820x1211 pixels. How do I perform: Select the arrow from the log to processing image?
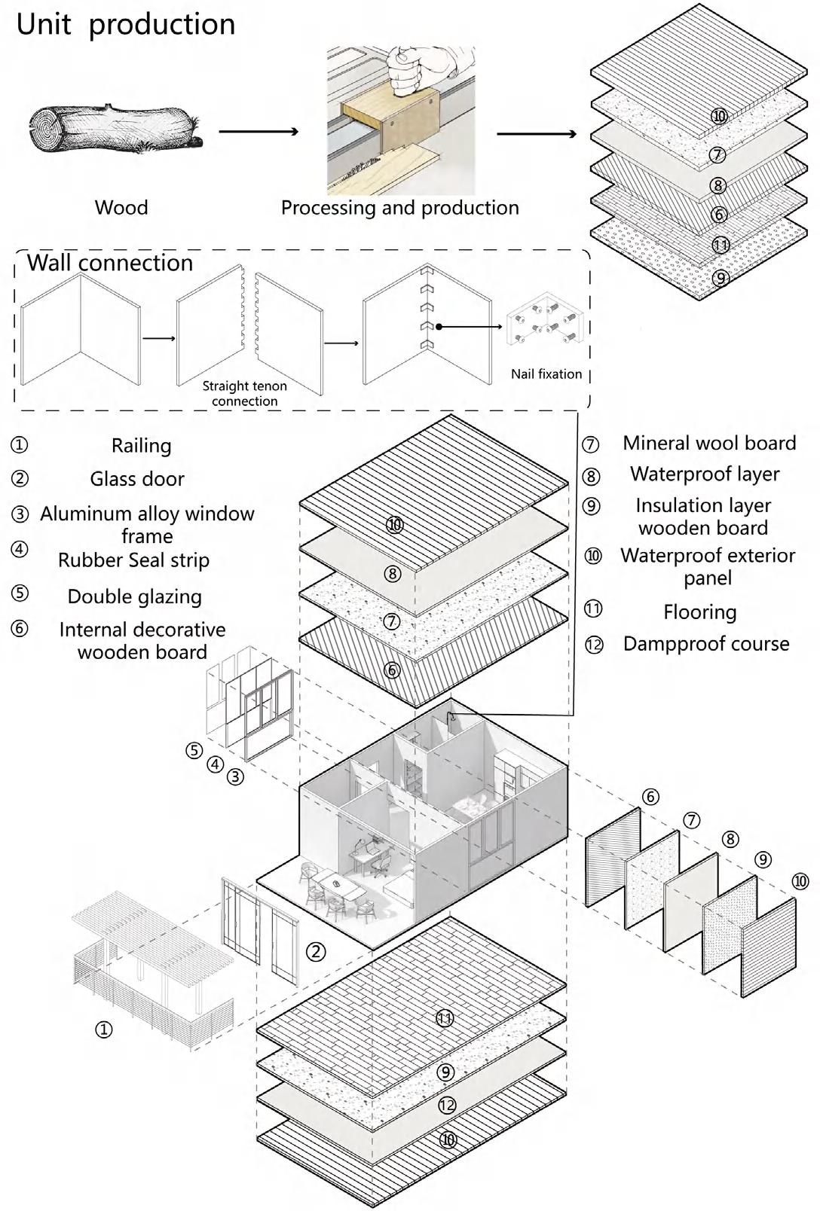pyautogui.click(x=259, y=131)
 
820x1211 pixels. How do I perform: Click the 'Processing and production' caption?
pyautogui.click(x=399, y=208)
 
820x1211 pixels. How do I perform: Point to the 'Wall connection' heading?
pyautogui.click(x=110, y=263)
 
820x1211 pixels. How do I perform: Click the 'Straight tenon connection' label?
pyautogui.click(x=244, y=393)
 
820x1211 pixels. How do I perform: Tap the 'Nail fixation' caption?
pyautogui.click(x=546, y=374)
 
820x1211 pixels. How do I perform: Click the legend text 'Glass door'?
pyautogui.click(x=137, y=479)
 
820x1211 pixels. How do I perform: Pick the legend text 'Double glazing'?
pyautogui.click(x=135, y=596)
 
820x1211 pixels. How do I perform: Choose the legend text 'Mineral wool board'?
pyautogui.click(x=709, y=443)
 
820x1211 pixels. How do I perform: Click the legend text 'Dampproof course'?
pyautogui.click(x=706, y=644)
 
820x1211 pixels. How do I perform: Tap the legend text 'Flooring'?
pyautogui.click(x=700, y=612)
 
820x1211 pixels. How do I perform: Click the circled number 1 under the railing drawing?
pyautogui.click(x=104, y=1029)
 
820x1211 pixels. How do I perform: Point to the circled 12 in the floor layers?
pyautogui.click(x=447, y=1105)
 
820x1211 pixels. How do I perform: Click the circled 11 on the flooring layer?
pyautogui.click(x=445, y=1018)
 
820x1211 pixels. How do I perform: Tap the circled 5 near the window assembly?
pyautogui.click(x=194, y=750)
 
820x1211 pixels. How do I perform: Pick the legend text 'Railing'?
pyautogui.click(x=141, y=446)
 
